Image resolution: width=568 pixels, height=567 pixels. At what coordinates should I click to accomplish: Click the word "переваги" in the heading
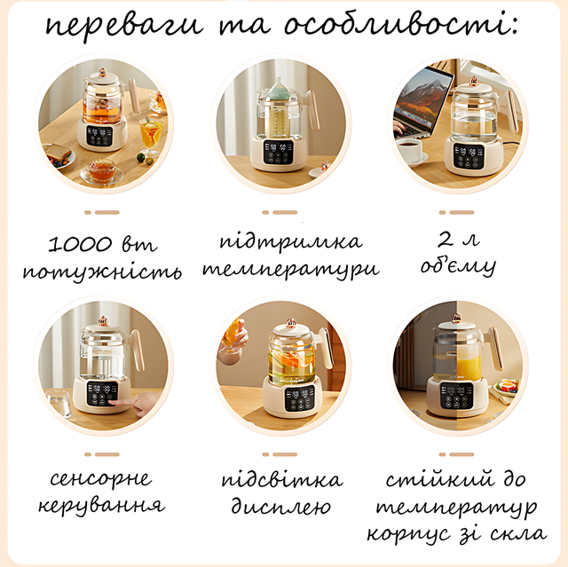[124, 26]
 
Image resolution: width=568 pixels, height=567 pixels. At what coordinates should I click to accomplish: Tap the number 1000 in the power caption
[80, 244]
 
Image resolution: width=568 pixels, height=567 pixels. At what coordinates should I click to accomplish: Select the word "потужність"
[102, 272]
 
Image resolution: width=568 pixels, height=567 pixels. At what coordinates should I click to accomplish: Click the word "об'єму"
[458, 266]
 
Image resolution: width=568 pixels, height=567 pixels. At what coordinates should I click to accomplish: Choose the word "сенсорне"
[100, 478]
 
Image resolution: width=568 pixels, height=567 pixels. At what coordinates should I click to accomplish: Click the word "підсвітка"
[282, 480]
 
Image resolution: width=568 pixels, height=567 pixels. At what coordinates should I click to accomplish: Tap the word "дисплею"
[281, 506]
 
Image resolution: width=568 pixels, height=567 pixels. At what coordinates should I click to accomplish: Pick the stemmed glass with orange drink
[150, 135]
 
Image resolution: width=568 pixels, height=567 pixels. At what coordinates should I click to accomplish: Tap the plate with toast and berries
[58, 156]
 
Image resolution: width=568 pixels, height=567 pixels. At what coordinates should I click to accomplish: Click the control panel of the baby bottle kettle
[278, 153]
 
